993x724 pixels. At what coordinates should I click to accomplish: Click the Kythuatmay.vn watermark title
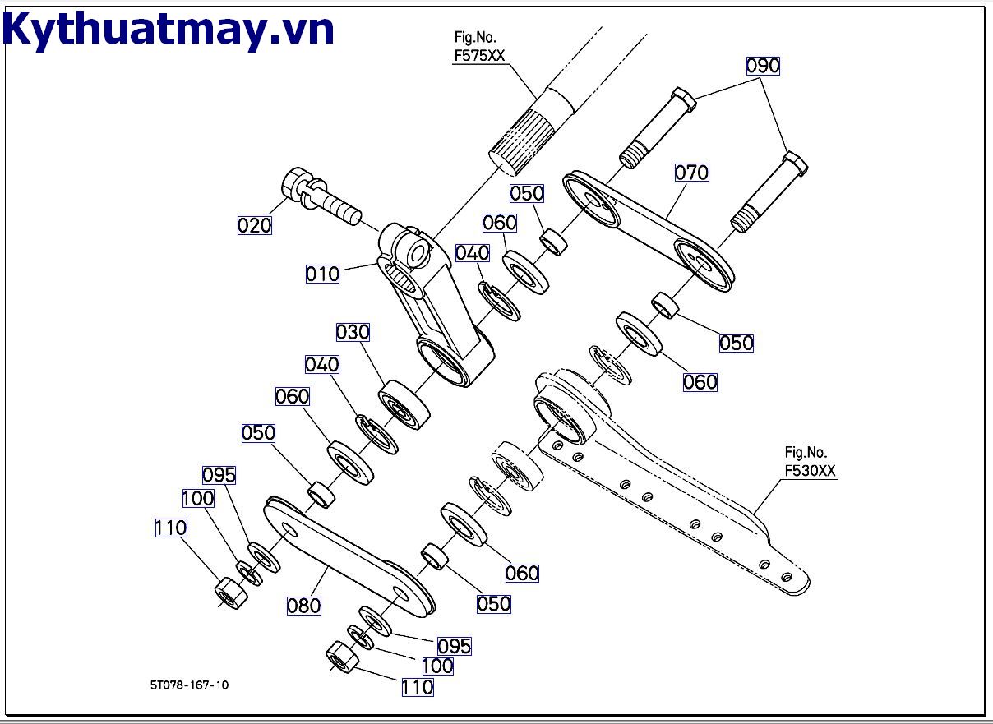tap(169, 30)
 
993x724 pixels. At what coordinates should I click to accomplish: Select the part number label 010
tap(322, 274)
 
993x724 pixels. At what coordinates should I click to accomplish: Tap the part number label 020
tap(254, 224)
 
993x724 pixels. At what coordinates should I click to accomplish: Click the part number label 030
tap(353, 332)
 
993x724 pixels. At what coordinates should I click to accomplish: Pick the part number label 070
tap(691, 173)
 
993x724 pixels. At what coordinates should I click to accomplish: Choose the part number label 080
tap(303, 606)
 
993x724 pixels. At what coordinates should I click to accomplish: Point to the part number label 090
tap(762, 66)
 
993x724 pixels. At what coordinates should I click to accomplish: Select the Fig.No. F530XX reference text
tap(810, 463)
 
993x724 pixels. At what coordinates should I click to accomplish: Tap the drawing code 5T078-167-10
tap(190, 685)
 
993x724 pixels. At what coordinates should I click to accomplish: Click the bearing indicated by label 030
tap(404, 404)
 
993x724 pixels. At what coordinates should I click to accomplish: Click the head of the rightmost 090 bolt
tap(796, 162)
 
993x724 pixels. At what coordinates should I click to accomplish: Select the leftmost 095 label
tap(219, 475)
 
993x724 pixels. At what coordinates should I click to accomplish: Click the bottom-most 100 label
tap(437, 666)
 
